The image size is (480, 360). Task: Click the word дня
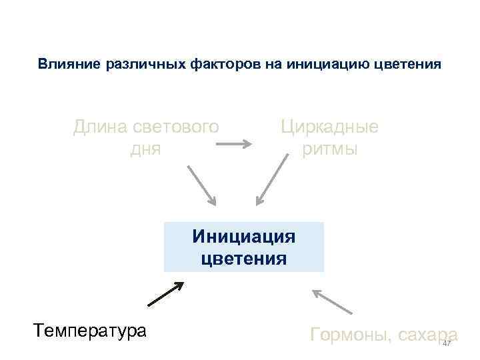[x=146, y=149]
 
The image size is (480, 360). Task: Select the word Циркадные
[x=329, y=126]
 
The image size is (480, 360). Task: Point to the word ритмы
[x=329, y=149]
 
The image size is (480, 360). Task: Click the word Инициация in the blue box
[x=243, y=237]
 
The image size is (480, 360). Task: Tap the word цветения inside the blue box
[x=243, y=258]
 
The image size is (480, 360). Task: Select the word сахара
[x=427, y=334]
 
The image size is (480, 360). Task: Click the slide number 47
[x=447, y=343]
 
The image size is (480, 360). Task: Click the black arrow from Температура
[x=165, y=293]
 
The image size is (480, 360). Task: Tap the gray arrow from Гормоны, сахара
[x=331, y=301]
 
